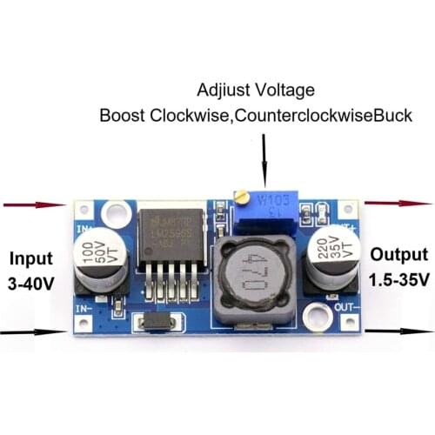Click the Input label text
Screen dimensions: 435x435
coord(33,258)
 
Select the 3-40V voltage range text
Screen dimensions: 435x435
coord(33,284)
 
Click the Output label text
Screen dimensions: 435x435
coord(398,254)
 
